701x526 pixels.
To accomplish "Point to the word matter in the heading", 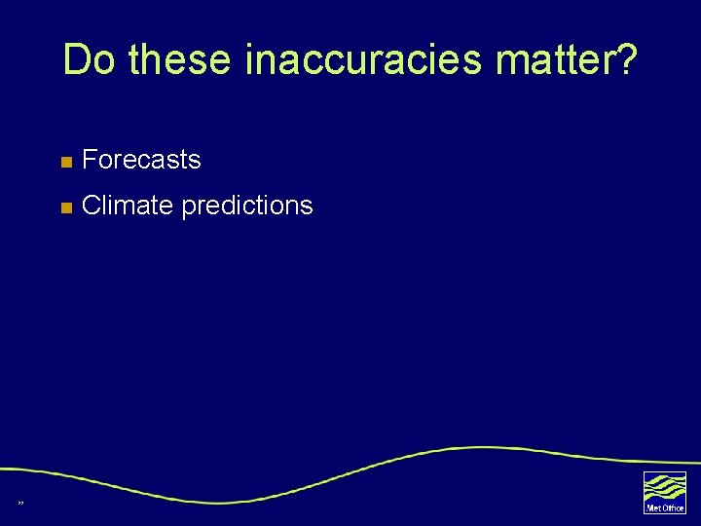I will point(553,60).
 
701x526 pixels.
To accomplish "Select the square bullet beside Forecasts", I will point(65,161).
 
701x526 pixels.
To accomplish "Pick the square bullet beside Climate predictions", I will point(65,207).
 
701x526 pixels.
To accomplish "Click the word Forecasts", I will point(142,160).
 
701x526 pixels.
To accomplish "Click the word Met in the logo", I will point(653,507).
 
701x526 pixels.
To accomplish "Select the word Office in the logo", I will point(673,507).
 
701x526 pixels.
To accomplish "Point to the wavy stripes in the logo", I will point(664,486).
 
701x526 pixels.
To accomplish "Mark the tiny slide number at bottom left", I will point(20,503).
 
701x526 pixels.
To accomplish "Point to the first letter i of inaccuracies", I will point(250,60).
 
